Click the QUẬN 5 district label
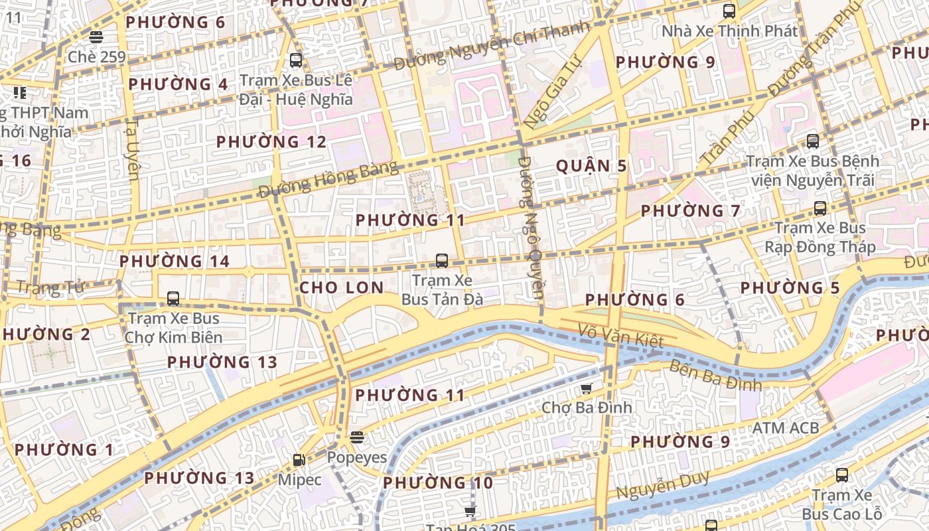click(x=591, y=166)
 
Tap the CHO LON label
click(x=341, y=287)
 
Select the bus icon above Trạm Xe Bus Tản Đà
click(x=442, y=261)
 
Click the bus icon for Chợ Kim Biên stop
click(x=173, y=299)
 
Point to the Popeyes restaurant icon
click(x=357, y=437)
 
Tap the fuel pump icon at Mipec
click(x=299, y=460)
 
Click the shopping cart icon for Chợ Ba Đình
click(x=586, y=388)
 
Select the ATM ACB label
click(x=785, y=428)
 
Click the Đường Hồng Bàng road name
click(x=328, y=179)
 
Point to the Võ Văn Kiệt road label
click(x=620, y=335)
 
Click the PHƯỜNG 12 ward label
click(x=271, y=142)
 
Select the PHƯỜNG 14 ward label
click(x=175, y=262)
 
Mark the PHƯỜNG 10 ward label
click(x=438, y=483)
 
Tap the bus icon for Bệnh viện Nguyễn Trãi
click(x=813, y=141)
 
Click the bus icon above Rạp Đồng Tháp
click(x=820, y=208)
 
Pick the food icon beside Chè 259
click(x=96, y=37)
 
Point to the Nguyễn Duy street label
click(x=663, y=486)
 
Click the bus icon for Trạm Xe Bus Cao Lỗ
click(x=842, y=475)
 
